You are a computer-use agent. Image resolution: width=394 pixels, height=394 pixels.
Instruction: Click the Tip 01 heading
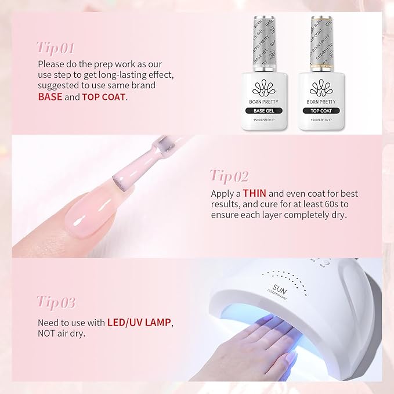(x=55, y=46)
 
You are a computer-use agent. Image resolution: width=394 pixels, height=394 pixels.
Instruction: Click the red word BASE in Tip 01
(x=50, y=96)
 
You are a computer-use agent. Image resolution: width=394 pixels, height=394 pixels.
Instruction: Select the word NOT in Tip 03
(x=47, y=333)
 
